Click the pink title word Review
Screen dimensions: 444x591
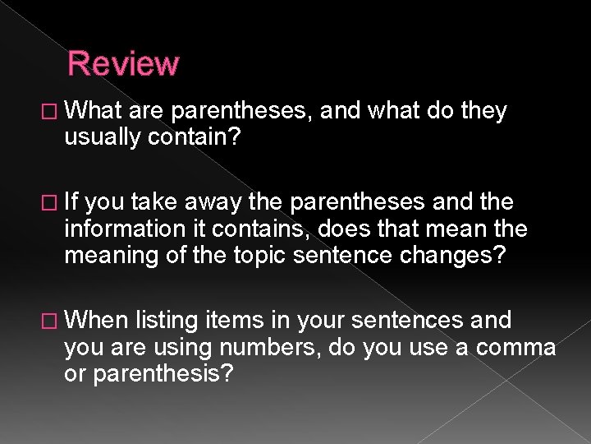[x=123, y=63]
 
